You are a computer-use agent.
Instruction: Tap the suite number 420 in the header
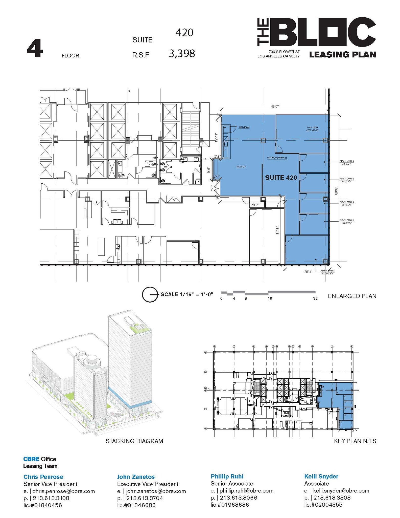tap(184, 32)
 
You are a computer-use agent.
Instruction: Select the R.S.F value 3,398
tap(182, 54)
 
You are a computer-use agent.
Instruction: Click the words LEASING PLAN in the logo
tap(342, 54)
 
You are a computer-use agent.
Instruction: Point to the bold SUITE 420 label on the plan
tap(281, 178)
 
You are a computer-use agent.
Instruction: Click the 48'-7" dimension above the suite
tap(275, 107)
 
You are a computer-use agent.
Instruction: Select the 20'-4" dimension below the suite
tap(308, 272)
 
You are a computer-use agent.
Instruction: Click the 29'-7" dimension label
tap(255, 205)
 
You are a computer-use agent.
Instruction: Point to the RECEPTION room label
tap(241, 167)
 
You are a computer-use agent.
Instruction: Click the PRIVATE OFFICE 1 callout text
tap(346, 161)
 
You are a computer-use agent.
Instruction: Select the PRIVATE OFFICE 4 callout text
tap(346, 220)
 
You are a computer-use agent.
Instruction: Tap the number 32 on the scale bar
tap(315, 298)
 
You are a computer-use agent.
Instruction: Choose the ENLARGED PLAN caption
tap(352, 296)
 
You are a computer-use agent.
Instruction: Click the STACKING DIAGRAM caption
tap(134, 441)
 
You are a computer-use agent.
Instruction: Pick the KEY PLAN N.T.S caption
tap(355, 441)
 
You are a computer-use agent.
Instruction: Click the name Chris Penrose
tap(43, 477)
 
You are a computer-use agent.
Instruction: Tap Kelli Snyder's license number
tap(323, 505)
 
